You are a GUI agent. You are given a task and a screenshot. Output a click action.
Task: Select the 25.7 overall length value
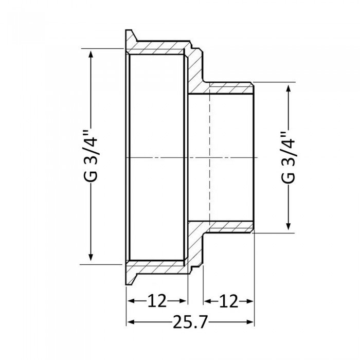190,322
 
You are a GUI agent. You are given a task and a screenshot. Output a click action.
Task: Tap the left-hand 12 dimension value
157,300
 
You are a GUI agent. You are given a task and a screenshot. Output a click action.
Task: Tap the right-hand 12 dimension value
229,300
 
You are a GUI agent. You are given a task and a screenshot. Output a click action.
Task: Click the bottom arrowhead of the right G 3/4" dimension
289,225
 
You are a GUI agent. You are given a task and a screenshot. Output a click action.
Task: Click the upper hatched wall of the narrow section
226,87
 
